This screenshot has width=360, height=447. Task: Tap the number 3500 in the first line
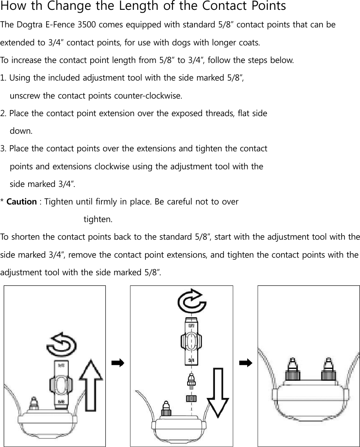(87, 25)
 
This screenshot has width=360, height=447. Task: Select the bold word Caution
(22, 202)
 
